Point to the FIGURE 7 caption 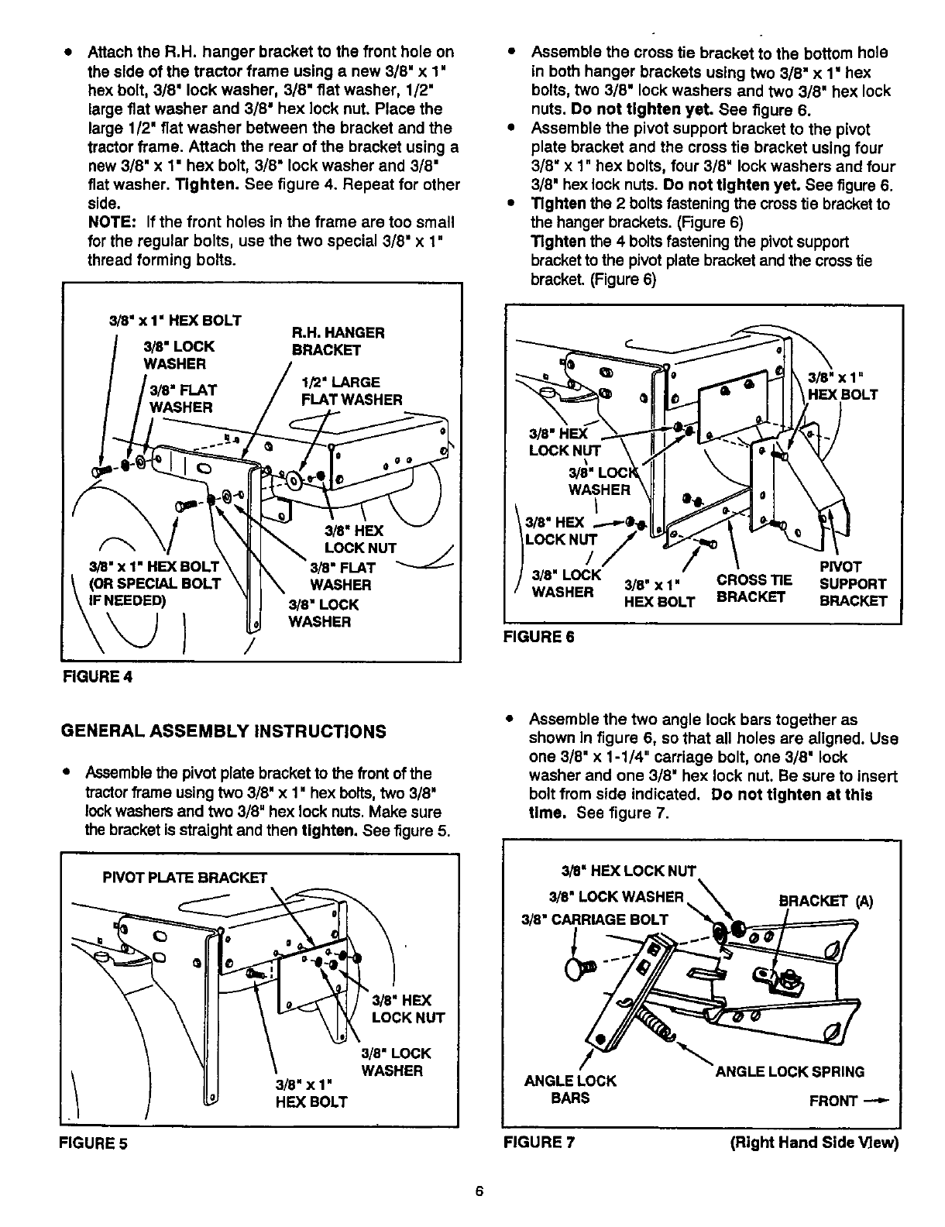coord(539,1143)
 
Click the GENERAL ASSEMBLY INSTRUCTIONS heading coord(225,731)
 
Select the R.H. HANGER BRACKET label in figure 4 coord(338,342)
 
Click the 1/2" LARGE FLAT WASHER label coord(352,391)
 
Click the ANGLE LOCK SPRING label coord(790,1072)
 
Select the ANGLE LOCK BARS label coord(570,1089)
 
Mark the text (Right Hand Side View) coord(815,1143)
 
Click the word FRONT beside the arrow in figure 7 coord(833,1101)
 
